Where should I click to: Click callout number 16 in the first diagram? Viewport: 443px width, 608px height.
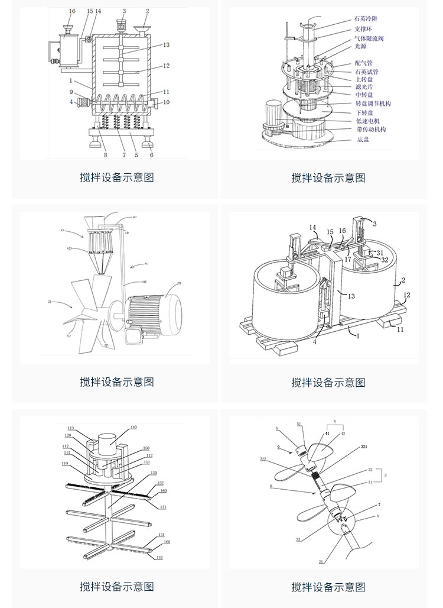click(x=72, y=11)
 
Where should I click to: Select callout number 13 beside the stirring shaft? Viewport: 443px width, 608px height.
click(x=166, y=45)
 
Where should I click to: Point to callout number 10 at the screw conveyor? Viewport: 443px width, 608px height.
click(x=166, y=102)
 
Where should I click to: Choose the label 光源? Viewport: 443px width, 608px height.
click(x=361, y=46)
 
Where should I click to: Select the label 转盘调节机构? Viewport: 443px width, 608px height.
click(x=373, y=104)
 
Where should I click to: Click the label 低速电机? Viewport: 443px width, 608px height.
click(x=367, y=121)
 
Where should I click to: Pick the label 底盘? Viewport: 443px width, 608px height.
click(x=362, y=140)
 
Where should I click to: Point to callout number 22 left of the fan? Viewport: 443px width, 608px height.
click(x=50, y=302)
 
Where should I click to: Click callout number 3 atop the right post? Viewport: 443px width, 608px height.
click(x=374, y=224)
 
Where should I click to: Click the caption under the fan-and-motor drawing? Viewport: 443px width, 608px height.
click(x=117, y=382)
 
